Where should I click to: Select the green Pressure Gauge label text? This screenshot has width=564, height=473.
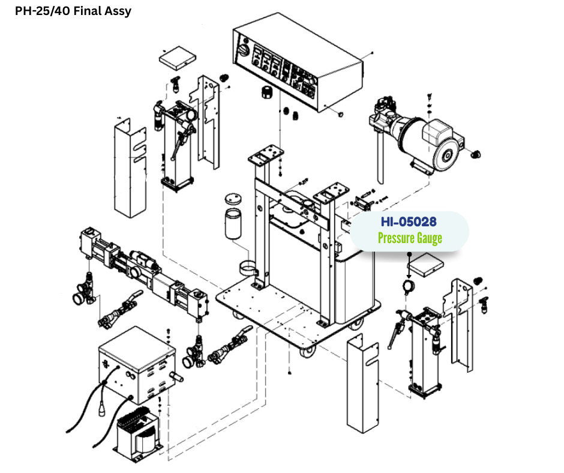tap(410, 238)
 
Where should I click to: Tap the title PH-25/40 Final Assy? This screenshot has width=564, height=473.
tap(73, 11)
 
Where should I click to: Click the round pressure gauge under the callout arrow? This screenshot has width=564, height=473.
tap(409, 286)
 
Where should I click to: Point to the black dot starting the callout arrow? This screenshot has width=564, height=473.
tap(409, 254)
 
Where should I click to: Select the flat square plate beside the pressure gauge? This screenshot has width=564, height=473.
tap(430, 264)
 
